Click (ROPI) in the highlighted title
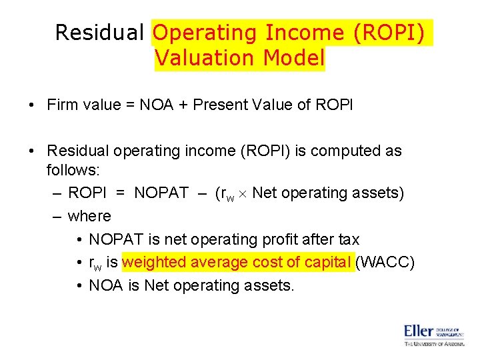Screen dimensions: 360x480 [391, 32]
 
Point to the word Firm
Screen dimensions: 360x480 [63, 105]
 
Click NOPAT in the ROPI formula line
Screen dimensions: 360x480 [161, 193]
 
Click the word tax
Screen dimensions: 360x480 [347, 239]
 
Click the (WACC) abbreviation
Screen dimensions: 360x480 [386, 262]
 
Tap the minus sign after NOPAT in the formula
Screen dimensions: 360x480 [201, 193]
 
